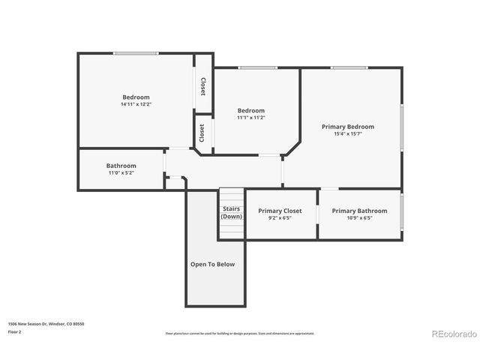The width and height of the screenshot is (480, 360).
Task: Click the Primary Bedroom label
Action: tap(347, 127)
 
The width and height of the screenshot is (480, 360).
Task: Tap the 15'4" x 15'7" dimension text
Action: tap(347, 134)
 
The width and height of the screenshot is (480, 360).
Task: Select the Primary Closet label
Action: tap(280, 211)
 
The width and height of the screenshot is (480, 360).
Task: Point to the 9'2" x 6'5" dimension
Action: tap(280, 218)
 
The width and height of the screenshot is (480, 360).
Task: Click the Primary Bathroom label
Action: tap(359, 211)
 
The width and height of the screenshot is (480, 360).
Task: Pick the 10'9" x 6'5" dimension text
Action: tap(359, 218)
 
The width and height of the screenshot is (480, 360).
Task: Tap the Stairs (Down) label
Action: tap(231, 212)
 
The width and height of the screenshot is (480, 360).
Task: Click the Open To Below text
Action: tap(212, 264)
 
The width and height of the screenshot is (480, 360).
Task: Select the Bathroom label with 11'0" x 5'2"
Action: tap(121, 166)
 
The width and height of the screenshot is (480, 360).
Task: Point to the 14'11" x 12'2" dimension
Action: tap(136, 104)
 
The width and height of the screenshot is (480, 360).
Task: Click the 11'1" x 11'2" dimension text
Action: tap(251, 118)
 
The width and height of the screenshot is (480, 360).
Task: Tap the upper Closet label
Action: tap(202, 87)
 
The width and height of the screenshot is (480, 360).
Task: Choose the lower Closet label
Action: tap(202, 133)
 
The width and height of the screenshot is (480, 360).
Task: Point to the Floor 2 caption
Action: tap(15, 331)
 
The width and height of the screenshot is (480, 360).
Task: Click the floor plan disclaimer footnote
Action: tap(239, 334)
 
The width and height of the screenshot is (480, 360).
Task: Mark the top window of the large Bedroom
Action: tap(136, 53)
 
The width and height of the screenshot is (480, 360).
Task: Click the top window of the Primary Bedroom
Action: tap(349, 68)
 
